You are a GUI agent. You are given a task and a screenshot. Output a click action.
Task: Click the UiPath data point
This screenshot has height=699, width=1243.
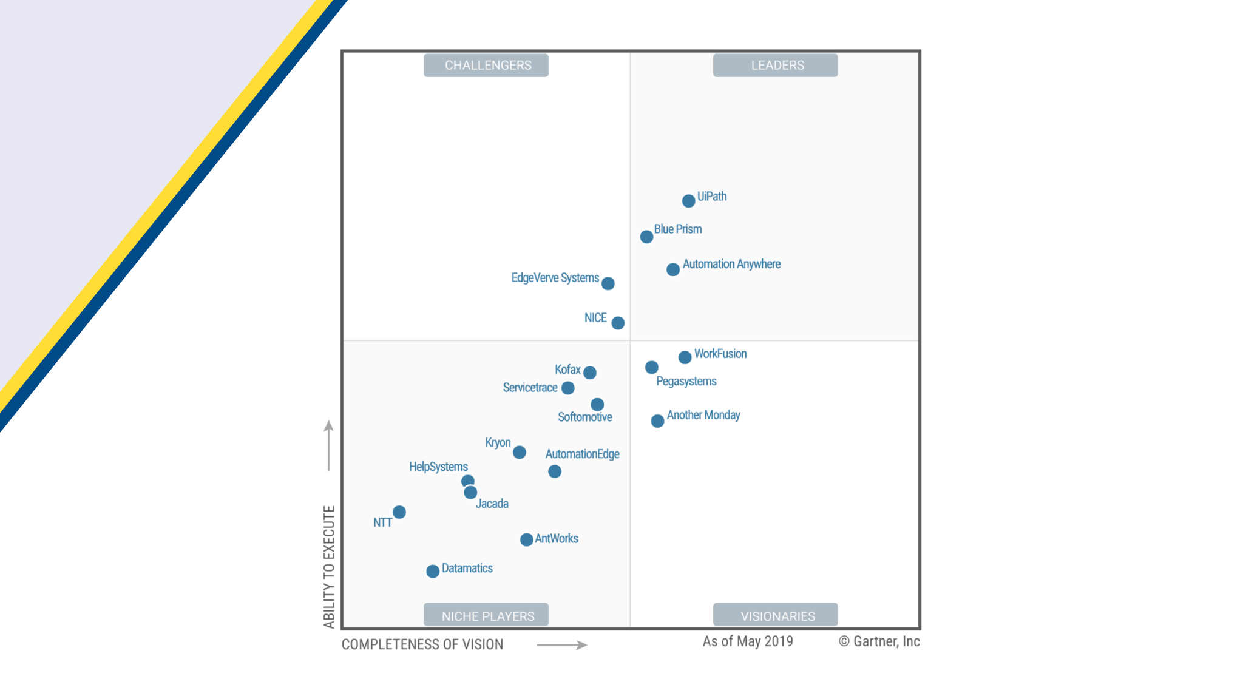click(x=688, y=201)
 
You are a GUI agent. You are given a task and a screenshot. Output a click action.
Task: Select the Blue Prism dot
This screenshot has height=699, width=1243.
click(x=646, y=237)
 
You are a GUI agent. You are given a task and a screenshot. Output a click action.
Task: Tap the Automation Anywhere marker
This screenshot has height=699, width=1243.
click(x=672, y=269)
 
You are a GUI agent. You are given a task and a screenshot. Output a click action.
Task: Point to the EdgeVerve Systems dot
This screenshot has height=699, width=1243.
click(x=608, y=283)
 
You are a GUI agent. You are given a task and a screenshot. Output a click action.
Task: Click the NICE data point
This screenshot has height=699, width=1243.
click(x=618, y=323)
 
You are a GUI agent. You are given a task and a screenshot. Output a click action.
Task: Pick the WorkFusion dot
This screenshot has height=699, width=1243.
click(x=685, y=357)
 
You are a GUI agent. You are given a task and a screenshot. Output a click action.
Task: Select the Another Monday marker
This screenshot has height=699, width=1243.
click(x=657, y=421)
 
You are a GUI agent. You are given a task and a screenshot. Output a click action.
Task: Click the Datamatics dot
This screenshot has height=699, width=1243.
click(x=433, y=571)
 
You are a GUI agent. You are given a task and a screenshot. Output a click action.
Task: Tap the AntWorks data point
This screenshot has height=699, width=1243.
click(x=527, y=539)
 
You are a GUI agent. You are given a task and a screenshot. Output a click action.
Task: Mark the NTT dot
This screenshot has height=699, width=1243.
click(x=399, y=512)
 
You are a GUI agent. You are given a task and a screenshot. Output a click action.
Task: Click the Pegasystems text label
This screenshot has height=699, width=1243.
click(x=686, y=381)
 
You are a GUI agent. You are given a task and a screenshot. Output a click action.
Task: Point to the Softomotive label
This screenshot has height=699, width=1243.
click(x=585, y=417)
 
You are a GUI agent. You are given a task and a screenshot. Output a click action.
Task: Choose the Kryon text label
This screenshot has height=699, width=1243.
click(x=498, y=442)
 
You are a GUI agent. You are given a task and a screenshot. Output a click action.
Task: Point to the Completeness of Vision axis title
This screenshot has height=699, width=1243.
click(x=422, y=644)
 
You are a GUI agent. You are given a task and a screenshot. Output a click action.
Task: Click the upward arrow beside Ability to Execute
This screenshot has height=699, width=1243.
click(x=329, y=445)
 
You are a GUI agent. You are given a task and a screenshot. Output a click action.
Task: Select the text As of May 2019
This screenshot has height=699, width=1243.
click(x=748, y=641)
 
